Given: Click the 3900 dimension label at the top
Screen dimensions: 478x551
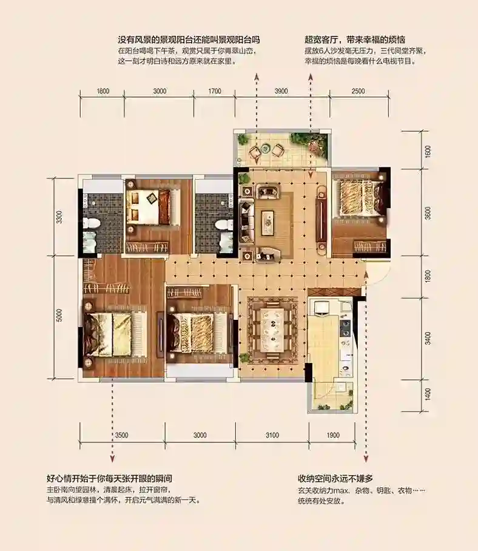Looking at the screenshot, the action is tap(281, 91).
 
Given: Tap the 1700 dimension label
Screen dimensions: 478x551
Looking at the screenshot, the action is tap(215, 91).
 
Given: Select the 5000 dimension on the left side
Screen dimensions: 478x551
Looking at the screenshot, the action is tap(59, 315).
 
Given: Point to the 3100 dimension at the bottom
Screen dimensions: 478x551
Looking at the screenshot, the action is tap(272, 435).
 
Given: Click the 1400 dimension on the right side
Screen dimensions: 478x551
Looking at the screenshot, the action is tap(428, 394).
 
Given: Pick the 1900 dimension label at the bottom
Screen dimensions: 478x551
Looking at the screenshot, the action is tap(333, 435).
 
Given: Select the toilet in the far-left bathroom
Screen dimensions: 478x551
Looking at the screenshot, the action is tap(94, 223).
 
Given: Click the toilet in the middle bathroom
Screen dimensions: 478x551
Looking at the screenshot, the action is tap(223, 225).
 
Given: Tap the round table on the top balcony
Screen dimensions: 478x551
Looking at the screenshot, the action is tap(266, 149).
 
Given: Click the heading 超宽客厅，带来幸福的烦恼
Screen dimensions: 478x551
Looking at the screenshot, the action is tap(355, 39).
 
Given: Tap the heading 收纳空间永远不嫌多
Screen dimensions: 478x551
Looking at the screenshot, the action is tap(335, 478).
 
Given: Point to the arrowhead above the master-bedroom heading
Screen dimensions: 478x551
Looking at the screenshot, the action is tap(112, 459).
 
